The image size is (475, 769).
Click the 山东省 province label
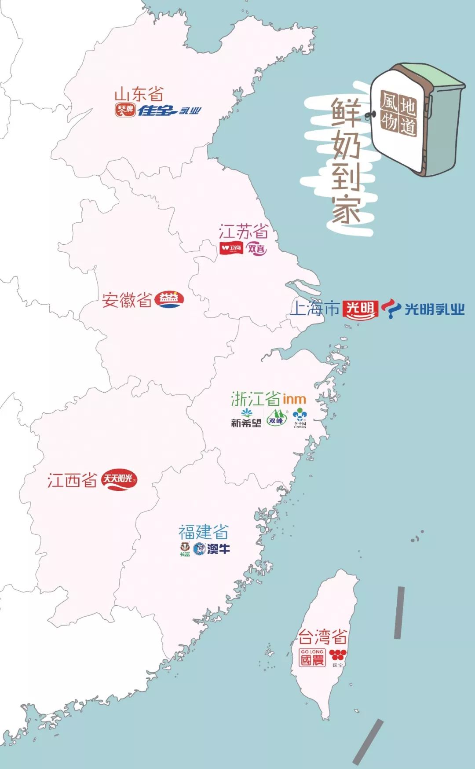coord(139,94)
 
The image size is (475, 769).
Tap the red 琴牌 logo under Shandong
coord(124,110)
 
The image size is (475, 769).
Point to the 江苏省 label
coord(243,232)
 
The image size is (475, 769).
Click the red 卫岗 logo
coord(231,248)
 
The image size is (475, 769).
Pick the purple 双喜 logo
coord(256,248)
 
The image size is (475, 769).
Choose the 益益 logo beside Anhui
coord(170,299)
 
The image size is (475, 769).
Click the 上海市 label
coord(315,309)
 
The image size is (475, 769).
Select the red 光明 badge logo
coord(360,309)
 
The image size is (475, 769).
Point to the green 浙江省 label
coord(256,399)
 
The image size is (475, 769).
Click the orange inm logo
coord(294,399)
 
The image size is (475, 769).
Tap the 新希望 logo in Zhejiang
coord(246,419)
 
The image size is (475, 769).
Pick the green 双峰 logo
coord(276,418)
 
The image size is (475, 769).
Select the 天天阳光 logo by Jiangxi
coord(119,479)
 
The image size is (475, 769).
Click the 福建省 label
coord(203,532)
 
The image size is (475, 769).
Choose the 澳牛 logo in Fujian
coord(212,548)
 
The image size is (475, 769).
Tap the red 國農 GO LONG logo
coord(312,657)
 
